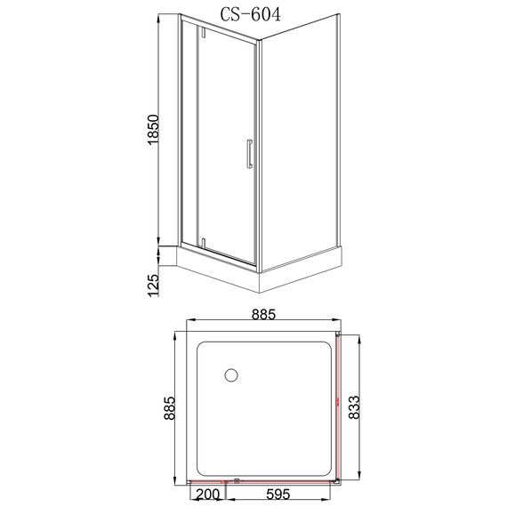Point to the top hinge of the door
[203, 34]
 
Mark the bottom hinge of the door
[203, 241]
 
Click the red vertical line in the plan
[339, 409]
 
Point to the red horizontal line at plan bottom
[267, 482]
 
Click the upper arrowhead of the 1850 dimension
[161, 18]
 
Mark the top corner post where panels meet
[257, 41]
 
